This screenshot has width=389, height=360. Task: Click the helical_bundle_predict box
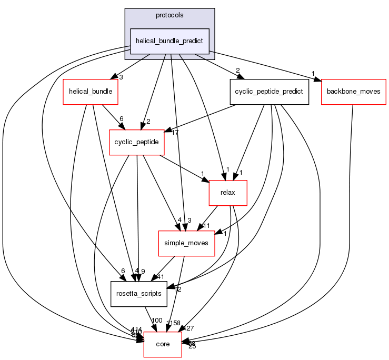[170, 41]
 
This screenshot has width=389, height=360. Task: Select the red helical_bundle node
[91, 91]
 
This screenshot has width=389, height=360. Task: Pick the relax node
[228, 193]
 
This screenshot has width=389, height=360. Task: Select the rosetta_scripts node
[138, 294]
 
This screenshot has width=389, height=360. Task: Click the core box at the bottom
[163, 344]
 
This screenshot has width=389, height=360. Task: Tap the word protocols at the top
[169, 15]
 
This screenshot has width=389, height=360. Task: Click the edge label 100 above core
[157, 321]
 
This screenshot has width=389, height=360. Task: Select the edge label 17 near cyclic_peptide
[175, 133]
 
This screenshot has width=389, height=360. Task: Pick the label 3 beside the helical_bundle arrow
[121, 77]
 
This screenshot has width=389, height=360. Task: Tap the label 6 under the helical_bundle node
[122, 119]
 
